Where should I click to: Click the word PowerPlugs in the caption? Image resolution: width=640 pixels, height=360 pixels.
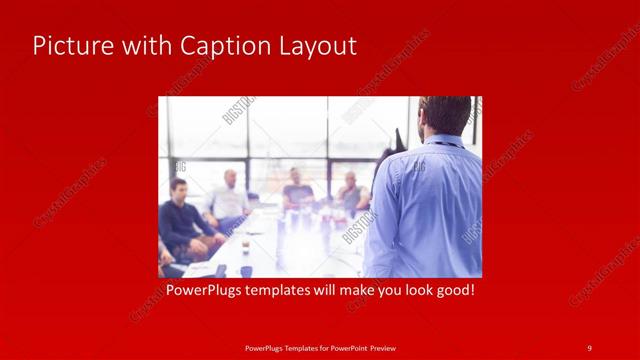[x=201, y=291]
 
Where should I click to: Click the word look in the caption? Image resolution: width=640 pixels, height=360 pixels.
[x=410, y=291]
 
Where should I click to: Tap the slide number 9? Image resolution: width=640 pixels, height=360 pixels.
[x=589, y=347]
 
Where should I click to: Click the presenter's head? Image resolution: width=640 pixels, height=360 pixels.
[x=445, y=115]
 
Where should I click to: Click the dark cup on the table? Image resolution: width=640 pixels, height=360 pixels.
[x=245, y=244]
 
